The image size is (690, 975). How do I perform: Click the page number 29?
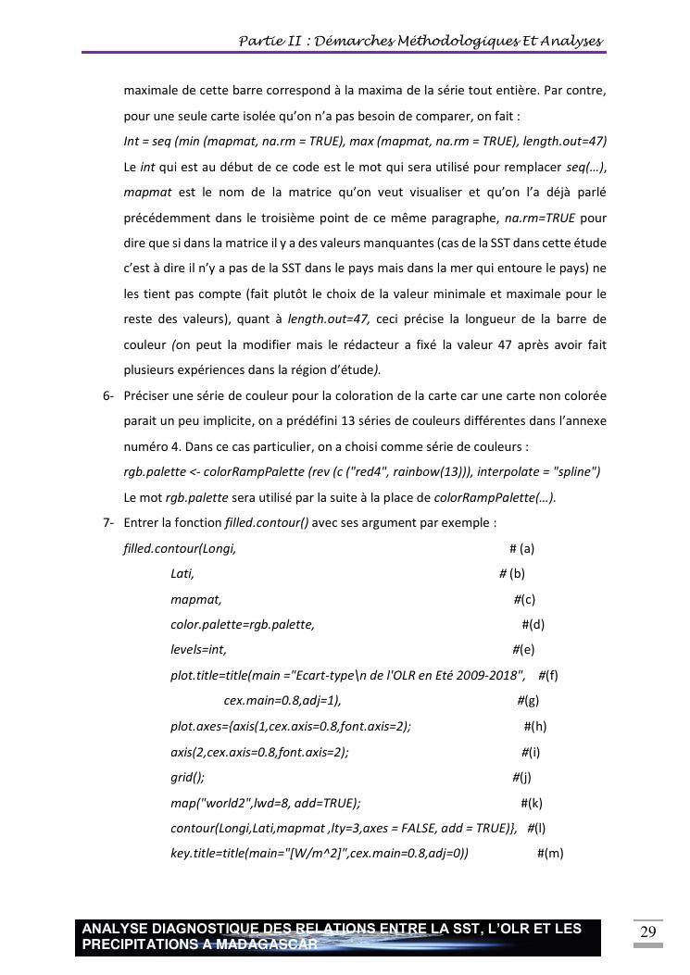pos(648,931)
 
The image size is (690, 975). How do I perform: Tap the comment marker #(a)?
pos(521,548)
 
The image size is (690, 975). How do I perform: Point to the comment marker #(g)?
pos(528,701)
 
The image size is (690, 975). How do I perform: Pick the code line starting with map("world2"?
pos(265,803)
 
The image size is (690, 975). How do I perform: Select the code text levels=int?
pos(198,650)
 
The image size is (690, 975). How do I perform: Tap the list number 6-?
pos(108,395)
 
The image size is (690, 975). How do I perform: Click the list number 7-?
pos(108,523)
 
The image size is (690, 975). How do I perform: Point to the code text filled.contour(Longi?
pos(180,548)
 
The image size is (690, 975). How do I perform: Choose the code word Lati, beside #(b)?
pos(182,574)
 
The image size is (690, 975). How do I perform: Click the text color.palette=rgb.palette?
pos(243,625)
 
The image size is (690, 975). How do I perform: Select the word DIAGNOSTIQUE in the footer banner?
pos(194,929)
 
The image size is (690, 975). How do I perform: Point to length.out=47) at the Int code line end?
pos(564,141)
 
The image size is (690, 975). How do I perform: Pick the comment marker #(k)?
pos(532,803)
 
